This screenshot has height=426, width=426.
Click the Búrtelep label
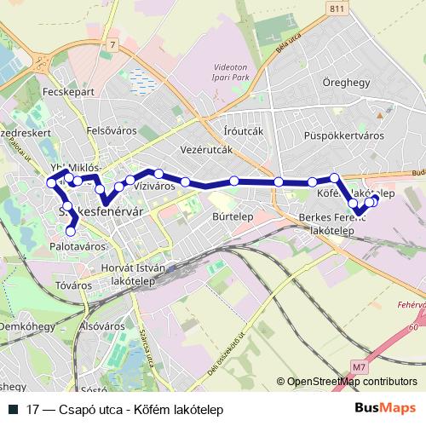(229, 217)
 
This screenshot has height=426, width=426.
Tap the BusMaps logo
(385, 409)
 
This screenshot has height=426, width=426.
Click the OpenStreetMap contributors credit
(352, 383)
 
